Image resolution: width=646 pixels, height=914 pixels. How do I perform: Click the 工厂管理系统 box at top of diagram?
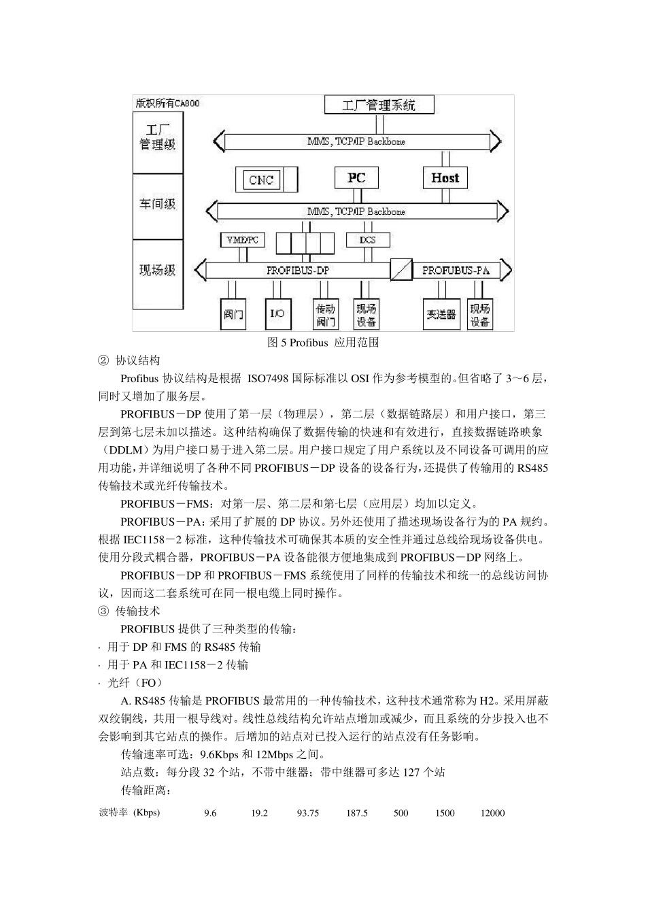coord(379,105)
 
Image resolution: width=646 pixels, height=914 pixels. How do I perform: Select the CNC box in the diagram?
coord(262,180)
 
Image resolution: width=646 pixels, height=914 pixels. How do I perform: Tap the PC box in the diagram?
coord(356,178)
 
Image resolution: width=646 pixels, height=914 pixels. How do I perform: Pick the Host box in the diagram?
coord(445,178)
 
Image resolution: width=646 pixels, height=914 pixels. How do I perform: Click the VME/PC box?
coord(243,240)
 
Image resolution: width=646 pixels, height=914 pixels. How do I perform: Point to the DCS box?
coord(367,240)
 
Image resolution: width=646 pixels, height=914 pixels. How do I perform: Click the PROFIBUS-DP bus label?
coord(298,270)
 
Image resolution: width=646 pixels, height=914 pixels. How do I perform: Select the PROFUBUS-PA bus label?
coord(456,270)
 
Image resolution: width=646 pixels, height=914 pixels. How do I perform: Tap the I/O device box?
coord(277,314)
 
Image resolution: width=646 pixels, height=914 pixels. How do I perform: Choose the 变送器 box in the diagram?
coord(441,314)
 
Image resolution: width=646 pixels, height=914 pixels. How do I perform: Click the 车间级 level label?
coord(158,204)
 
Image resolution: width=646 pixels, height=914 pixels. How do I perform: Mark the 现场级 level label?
coord(158,270)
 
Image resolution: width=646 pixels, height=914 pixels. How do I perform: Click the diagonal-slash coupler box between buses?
coord(401,270)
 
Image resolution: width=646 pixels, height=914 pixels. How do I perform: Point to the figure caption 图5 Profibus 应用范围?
coord(322,342)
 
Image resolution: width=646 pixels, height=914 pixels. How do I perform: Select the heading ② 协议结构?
coord(129,360)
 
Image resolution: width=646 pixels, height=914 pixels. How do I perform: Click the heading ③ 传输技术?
coord(129,611)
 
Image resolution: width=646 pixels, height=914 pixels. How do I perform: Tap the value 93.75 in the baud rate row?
coord(307,813)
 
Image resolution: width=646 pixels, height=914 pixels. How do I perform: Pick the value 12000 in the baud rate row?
coord(492,813)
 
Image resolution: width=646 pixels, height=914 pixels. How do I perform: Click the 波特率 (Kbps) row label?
coord(130,813)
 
